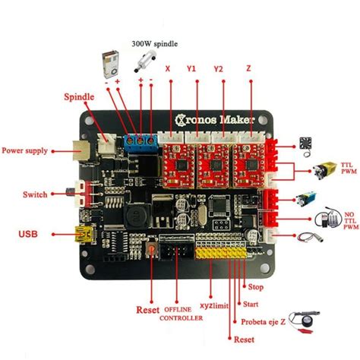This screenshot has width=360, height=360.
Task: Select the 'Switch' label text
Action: (x=35, y=194)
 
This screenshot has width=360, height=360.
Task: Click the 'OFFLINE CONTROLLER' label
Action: (x=182, y=314)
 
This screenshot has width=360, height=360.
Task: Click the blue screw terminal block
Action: (x=141, y=140)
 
